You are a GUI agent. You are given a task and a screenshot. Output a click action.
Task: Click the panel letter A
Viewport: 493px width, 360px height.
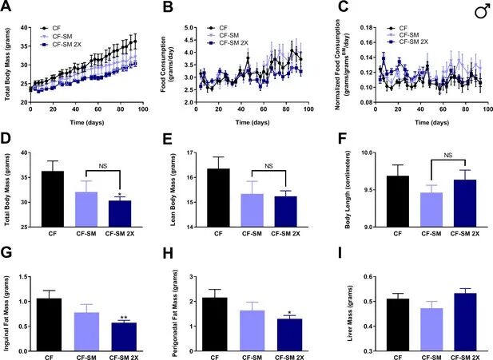(x=8, y=7)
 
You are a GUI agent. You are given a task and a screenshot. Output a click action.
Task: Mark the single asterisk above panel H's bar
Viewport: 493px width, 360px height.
(x=286, y=312)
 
